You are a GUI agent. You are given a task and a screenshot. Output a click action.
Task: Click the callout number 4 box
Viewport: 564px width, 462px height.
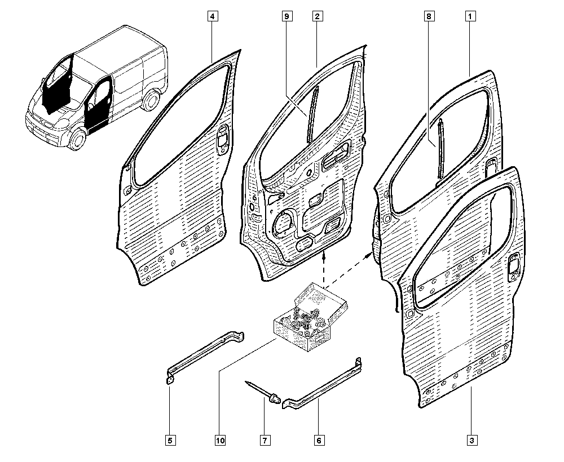click(213, 16)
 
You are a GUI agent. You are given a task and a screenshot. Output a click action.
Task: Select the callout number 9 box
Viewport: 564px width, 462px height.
click(287, 16)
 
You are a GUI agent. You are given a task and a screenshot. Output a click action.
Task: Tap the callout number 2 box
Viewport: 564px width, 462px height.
click(317, 16)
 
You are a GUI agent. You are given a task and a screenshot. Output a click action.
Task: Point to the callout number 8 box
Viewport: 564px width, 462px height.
click(429, 16)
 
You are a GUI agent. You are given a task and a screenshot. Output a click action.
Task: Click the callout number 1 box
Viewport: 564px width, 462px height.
click(470, 16)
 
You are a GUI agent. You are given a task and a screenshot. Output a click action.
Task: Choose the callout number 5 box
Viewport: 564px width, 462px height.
click(170, 440)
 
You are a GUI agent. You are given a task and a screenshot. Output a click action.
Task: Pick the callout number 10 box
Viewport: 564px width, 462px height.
click(221, 440)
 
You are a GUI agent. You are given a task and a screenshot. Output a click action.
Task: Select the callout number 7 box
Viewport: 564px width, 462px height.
click(265, 440)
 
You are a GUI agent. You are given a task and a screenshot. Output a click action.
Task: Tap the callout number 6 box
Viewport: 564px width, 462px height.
click(319, 440)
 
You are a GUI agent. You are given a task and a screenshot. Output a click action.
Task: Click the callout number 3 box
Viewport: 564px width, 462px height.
click(472, 440)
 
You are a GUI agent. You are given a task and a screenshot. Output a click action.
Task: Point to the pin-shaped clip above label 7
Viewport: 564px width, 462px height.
click(263, 393)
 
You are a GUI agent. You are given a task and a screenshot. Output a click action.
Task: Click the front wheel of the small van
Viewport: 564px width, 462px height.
click(77, 139)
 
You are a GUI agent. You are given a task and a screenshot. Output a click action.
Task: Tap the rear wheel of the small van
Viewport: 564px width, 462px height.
click(152, 100)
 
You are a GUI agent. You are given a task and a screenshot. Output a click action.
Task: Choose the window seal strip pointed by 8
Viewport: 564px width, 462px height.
click(441, 148)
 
